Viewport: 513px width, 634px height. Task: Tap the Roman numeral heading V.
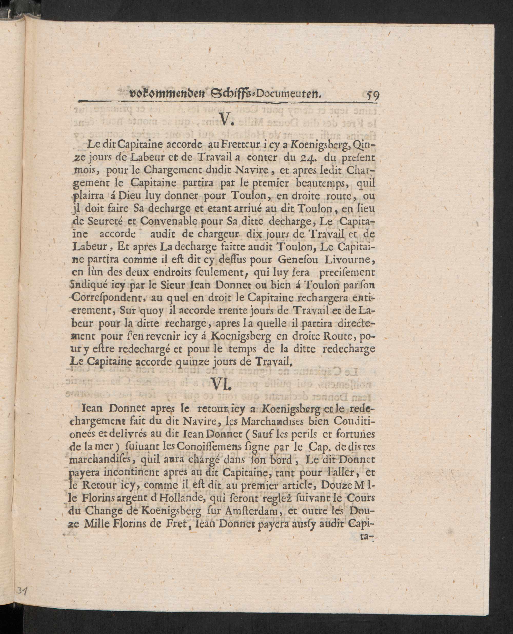point(227,119)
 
